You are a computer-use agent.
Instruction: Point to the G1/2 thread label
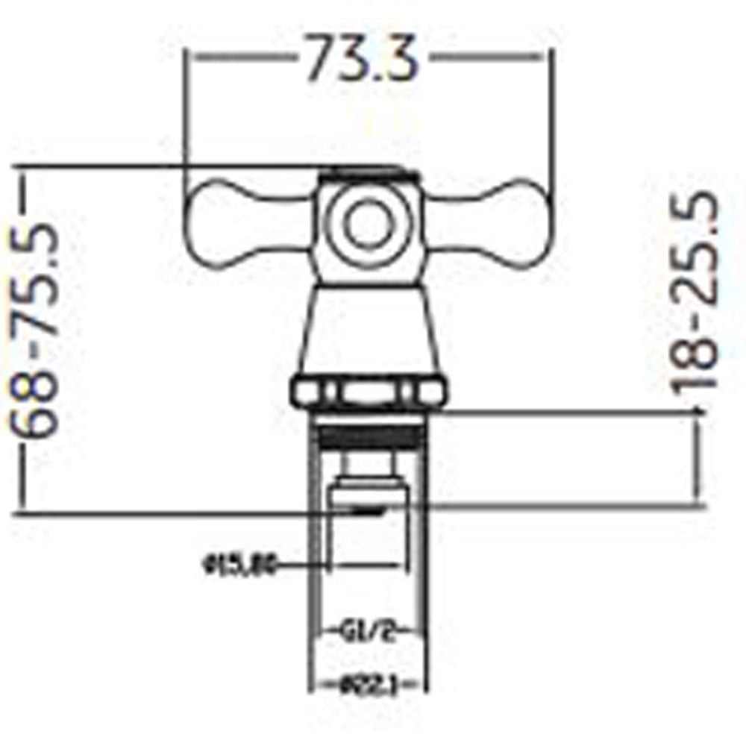(371, 635)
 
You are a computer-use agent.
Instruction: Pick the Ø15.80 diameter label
(239, 566)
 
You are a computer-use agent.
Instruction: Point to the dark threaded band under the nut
(370, 434)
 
